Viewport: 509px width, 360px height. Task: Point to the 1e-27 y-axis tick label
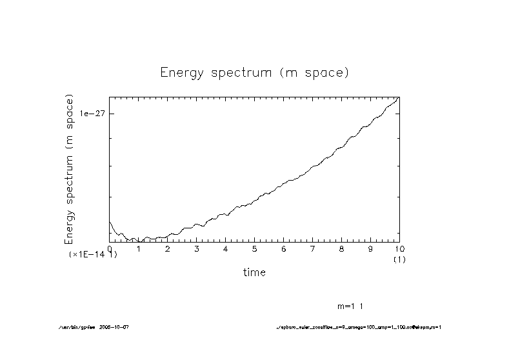click(x=93, y=114)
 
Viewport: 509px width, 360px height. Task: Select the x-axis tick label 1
click(x=139, y=249)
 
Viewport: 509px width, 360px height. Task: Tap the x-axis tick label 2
click(x=168, y=249)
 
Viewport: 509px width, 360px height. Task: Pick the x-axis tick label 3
click(x=197, y=249)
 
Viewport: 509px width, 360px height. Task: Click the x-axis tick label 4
click(x=226, y=249)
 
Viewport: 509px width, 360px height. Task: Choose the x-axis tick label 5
click(x=255, y=249)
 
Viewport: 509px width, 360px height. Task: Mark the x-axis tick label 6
click(x=284, y=249)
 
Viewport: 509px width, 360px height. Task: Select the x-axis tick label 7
click(x=313, y=249)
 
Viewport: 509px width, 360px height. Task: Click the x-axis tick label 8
click(x=342, y=249)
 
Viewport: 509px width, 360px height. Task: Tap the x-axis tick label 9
click(x=371, y=249)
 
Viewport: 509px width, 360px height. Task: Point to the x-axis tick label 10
click(x=398, y=249)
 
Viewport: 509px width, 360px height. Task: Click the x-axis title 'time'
click(x=254, y=272)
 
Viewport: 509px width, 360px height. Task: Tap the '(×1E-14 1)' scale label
click(x=93, y=255)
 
